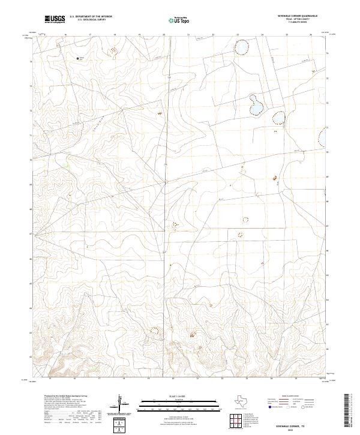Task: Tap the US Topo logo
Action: tap(181, 20)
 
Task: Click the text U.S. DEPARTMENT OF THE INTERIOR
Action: tap(91, 17)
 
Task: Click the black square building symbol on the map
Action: tap(79, 58)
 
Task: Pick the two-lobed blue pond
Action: tap(256, 106)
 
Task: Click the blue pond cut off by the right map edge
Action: tap(325, 136)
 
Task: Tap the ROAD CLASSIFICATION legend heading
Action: tap(292, 397)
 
